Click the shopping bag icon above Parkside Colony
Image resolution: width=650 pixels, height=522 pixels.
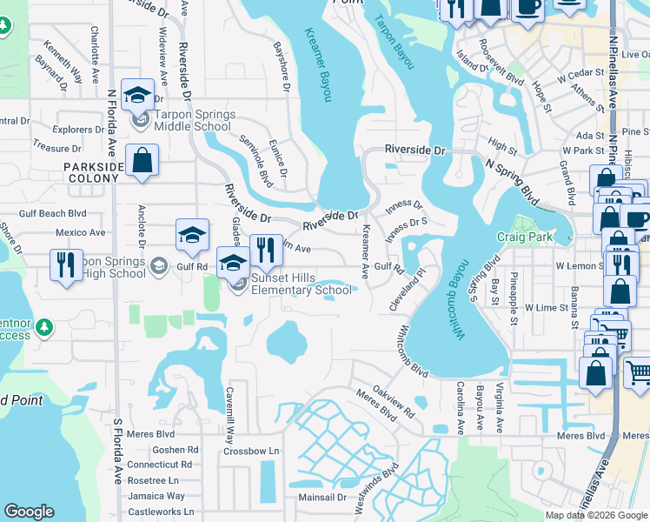pos(142,161)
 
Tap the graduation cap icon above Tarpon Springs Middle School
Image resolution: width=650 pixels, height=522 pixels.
pos(137,95)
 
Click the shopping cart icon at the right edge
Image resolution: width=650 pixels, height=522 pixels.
pos(638,372)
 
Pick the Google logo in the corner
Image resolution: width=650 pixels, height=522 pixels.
pos(29,512)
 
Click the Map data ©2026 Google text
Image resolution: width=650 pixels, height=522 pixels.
pos(597,515)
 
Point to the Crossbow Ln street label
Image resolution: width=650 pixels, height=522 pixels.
pos(251,451)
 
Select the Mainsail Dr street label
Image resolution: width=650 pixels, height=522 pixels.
pos(322,497)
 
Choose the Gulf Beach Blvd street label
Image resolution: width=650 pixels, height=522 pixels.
pos(53,213)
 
